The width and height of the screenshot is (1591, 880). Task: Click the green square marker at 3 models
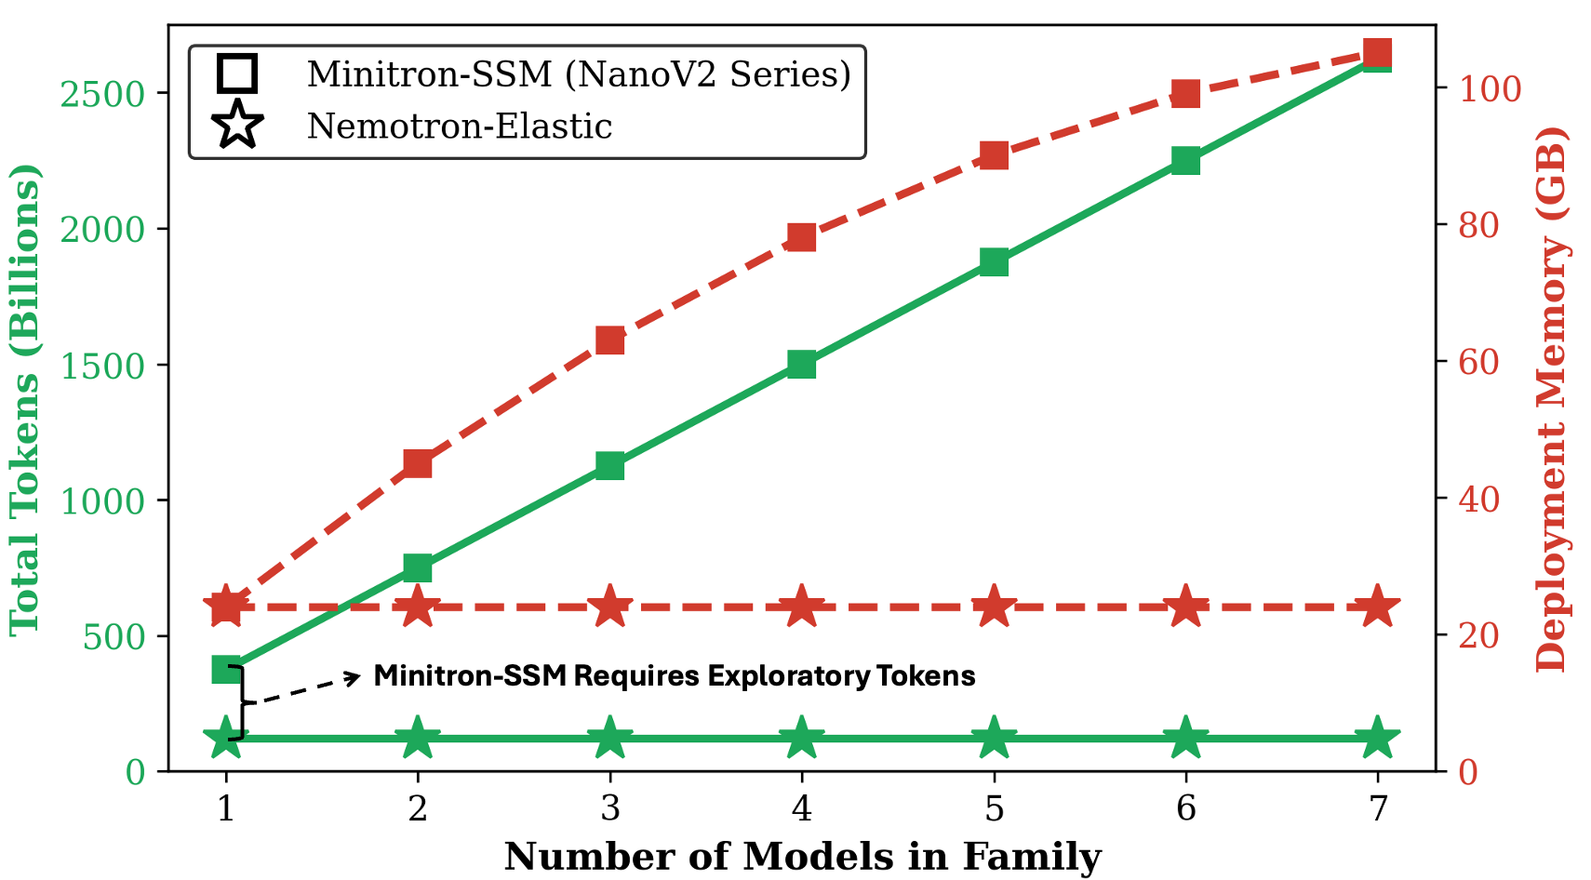609,465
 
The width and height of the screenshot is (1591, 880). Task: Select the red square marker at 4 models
801,237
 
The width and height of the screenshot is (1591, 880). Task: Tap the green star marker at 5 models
994,739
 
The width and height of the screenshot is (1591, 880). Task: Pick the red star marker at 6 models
1185,607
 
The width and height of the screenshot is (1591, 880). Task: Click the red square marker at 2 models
418,463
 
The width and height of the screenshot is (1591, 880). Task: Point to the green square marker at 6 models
1185,160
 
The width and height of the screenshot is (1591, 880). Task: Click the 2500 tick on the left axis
102,94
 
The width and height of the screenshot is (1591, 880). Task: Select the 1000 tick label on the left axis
102,501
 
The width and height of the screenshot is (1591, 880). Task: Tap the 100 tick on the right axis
1490,89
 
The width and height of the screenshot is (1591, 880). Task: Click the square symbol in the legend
237,73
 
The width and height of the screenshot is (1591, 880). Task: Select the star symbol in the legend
237,126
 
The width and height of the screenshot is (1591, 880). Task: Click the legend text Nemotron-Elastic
460,127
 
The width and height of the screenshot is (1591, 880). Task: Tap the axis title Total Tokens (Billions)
25,400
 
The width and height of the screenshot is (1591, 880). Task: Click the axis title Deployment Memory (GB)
1551,400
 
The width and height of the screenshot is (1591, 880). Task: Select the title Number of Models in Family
802,857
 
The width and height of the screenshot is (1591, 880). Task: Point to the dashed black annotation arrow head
355,676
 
